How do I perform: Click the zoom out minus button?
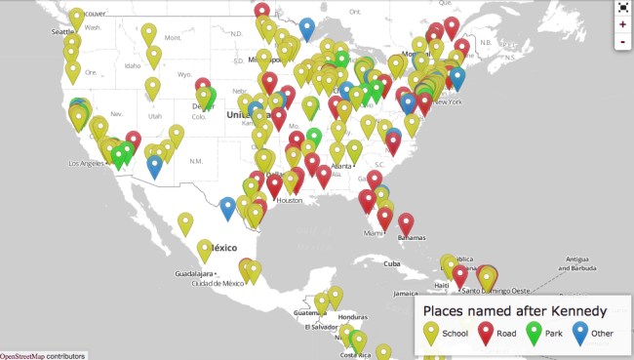622,42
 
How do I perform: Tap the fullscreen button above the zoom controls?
622,6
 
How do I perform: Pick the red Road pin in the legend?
486,333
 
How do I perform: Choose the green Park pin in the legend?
535,333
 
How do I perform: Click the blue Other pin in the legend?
580,333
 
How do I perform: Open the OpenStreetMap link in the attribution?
22,355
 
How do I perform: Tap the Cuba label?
392,263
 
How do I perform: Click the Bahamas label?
412,238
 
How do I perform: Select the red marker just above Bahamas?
406,222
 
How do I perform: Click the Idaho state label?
135,65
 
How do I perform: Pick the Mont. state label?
173,38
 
